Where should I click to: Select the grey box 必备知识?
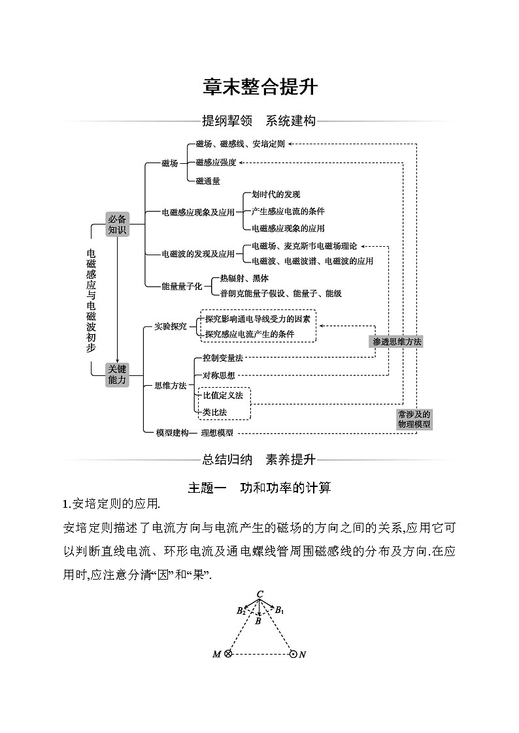(x=117, y=225)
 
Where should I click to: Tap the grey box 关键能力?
(x=117, y=375)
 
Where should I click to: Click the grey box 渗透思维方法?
(x=397, y=341)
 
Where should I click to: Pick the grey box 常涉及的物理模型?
(x=414, y=419)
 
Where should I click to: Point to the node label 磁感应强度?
(x=216, y=163)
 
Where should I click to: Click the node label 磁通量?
(x=208, y=181)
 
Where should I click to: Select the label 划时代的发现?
(x=276, y=195)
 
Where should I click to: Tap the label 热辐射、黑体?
(x=244, y=278)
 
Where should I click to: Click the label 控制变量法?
(x=223, y=358)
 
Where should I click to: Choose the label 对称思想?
(x=219, y=375)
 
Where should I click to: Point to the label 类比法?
(x=215, y=412)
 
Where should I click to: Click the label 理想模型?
(x=216, y=432)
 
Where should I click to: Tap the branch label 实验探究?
(x=170, y=325)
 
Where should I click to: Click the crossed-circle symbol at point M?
(x=228, y=654)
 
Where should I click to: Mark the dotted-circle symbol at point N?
(x=293, y=654)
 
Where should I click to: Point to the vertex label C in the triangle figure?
(x=259, y=594)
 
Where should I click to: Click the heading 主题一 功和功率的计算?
(x=259, y=487)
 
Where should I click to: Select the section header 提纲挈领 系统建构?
(x=259, y=121)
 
